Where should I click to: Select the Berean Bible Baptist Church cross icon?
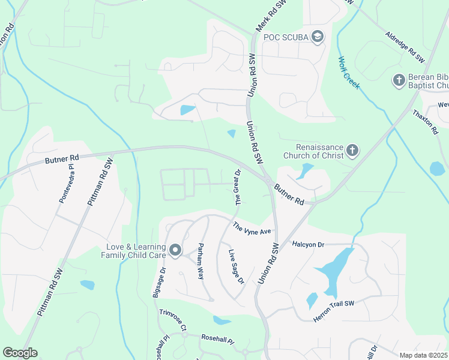pos(399,80)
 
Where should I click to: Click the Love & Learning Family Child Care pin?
pos(175,250)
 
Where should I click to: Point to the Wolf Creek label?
pos(349,73)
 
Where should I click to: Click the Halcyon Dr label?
pos(308,244)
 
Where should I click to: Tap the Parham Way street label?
pos(200,261)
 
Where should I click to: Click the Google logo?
pos(20,353)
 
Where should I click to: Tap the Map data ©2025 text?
pos(423,355)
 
